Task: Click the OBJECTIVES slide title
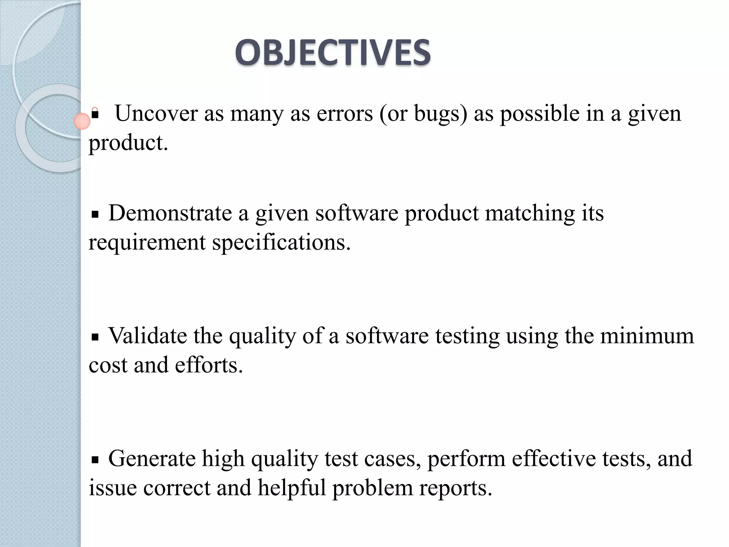333,53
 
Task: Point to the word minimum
647,335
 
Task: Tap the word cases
392,459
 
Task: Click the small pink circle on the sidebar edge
82,121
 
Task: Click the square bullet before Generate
95,460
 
